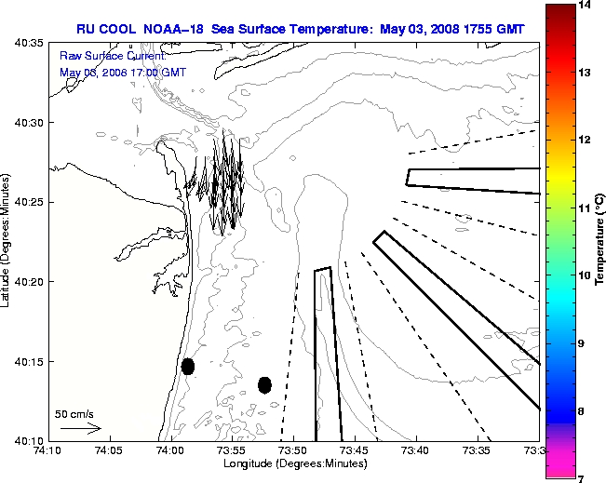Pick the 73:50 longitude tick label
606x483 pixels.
coord(293,450)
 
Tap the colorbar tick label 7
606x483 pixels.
coord(586,477)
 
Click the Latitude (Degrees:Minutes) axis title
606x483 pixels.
coord(7,241)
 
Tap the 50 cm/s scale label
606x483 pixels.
coord(74,414)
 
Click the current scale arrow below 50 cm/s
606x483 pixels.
coord(80,428)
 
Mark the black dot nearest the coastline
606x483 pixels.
coord(188,366)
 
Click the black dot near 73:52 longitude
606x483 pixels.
coord(264,384)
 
